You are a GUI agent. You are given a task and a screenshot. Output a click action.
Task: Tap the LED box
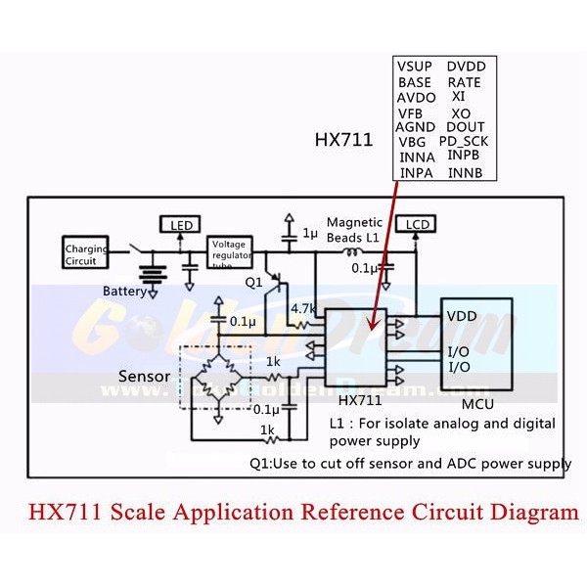click(182, 226)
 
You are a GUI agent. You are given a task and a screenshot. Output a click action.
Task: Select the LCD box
click(418, 224)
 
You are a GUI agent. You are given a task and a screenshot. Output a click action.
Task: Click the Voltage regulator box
click(230, 252)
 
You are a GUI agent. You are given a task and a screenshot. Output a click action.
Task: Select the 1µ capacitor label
click(310, 234)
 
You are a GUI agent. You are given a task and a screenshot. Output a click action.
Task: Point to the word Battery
click(125, 291)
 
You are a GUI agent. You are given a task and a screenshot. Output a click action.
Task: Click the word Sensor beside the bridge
click(145, 376)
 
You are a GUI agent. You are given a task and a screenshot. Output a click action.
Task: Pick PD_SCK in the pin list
click(463, 141)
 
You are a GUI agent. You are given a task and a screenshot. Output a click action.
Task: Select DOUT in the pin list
click(466, 126)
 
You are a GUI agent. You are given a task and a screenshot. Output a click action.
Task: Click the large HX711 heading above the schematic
click(343, 140)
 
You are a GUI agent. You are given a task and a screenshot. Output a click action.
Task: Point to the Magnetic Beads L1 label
click(355, 231)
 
